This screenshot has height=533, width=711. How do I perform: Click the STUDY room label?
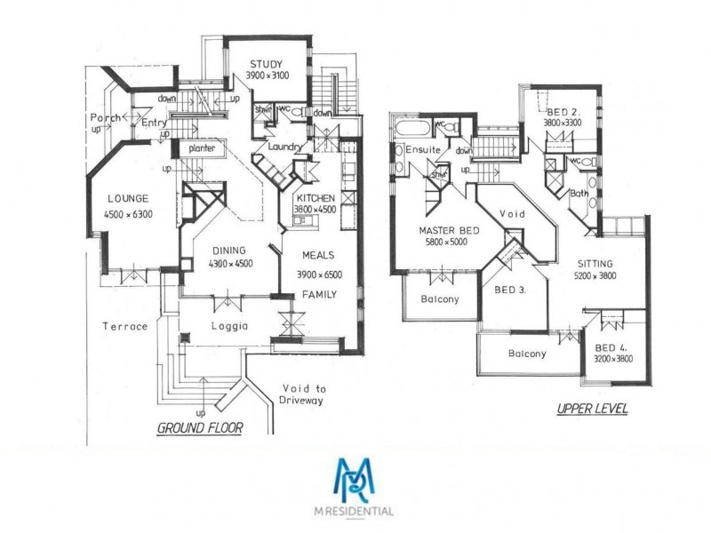point(265,64)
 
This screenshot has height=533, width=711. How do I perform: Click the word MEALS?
point(317,251)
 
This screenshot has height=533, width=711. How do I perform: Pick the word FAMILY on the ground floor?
point(318,294)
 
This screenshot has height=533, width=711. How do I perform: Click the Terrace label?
point(124,326)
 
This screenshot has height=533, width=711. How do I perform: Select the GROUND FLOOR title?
point(200,427)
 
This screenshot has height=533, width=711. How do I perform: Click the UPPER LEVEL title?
point(592,410)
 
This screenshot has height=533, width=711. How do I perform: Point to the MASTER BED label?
point(450,231)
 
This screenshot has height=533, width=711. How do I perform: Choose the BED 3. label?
point(509,290)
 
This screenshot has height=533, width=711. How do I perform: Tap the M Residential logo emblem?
point(355,481)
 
